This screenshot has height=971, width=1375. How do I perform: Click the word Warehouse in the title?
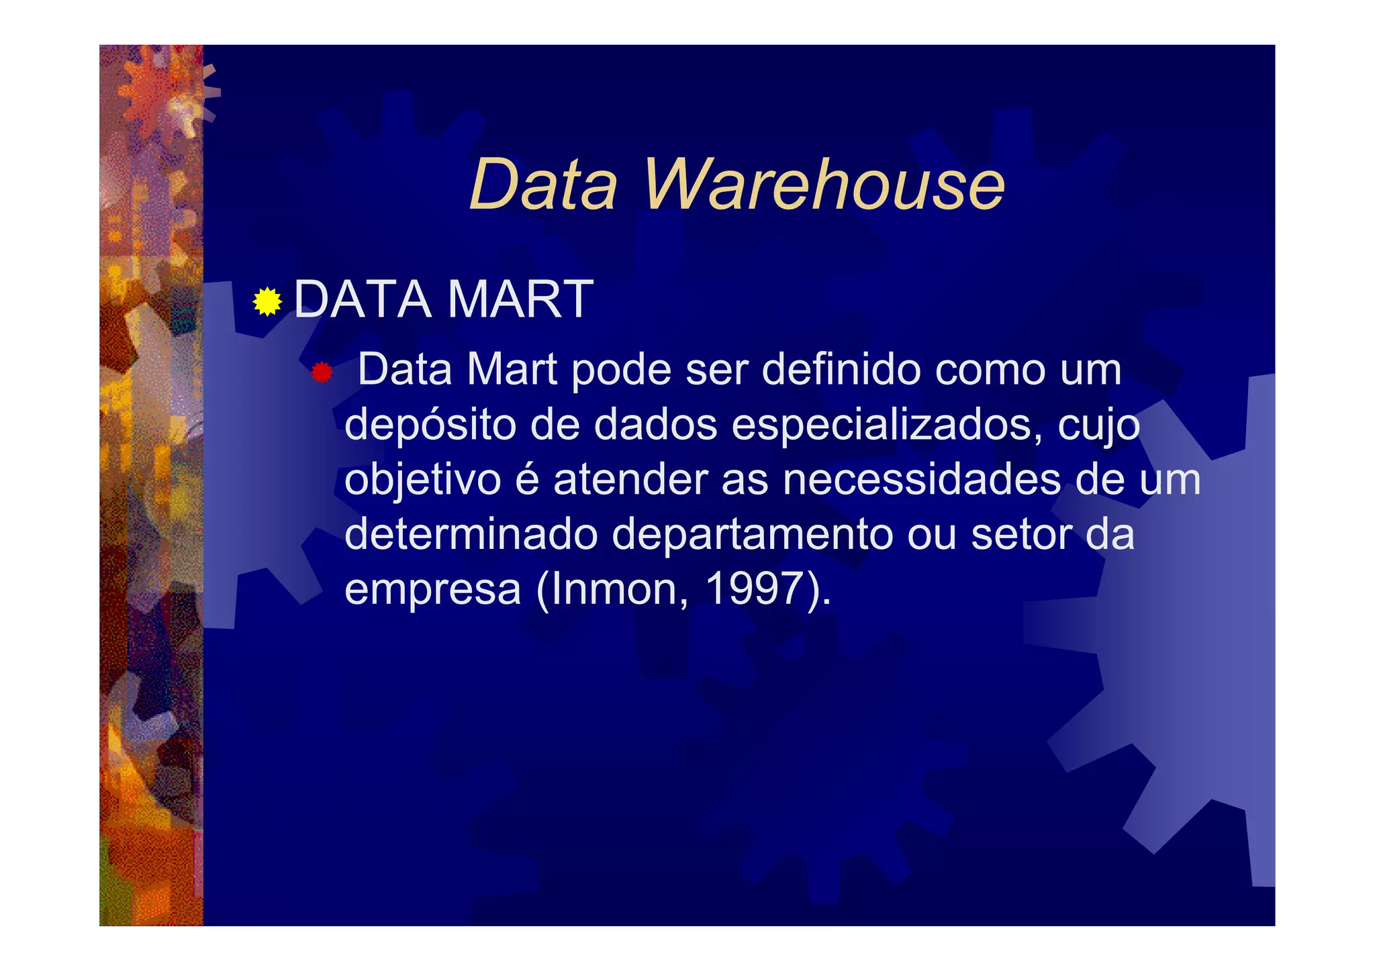pyautogui.click(x=824, y=185)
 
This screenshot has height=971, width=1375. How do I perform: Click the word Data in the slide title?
pyautogui.click(x=542, y=185)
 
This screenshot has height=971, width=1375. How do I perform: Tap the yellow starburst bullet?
pyautogui.click(x=267, y=302)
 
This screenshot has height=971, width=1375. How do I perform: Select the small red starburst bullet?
pyautogui.click(x=322, y=372)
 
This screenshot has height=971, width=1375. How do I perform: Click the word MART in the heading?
pyautogui.click(x=520, y=299)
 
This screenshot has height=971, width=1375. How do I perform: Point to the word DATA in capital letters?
pyautogui.click(x=363, y=299)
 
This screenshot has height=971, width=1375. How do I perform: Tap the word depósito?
pyautogui.click(x=430, y=425)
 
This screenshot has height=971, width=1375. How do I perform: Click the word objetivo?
pyautogui.click(x=423, y=480)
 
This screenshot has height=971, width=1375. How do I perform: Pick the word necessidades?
pyautogui.click(x=922, y=480)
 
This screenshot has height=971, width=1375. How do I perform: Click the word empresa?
pyautogui.click(x=433, y=589)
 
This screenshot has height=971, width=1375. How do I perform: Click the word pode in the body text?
pyautogui.click(x=621, y=370)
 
